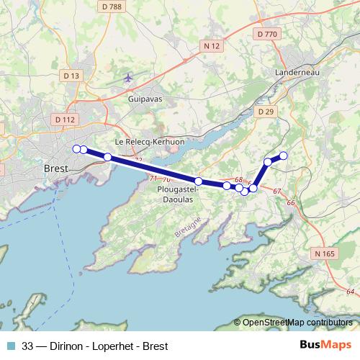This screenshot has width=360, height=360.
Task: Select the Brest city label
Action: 55,168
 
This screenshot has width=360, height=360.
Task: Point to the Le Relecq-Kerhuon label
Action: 150,142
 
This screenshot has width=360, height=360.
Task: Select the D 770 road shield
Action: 266,33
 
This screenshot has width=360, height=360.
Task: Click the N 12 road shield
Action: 211,46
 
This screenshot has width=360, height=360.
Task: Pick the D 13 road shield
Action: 70,75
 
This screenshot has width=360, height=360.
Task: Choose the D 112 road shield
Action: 64,120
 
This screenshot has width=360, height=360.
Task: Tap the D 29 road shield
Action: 266,112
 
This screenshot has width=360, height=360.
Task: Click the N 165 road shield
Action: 325,253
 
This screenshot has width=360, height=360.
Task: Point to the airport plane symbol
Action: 129,77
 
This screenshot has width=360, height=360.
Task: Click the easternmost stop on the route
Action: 283,156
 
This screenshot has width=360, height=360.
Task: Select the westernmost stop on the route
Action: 76,148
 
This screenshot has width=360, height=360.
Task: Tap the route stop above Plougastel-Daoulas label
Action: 198,181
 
